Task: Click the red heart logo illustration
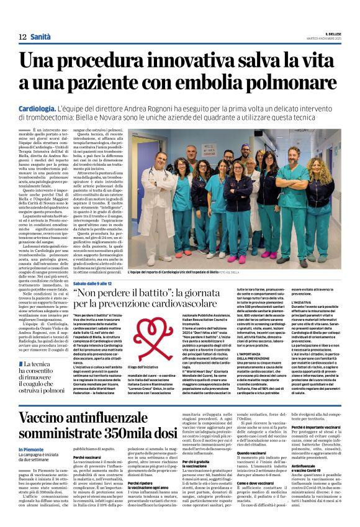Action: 146,332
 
